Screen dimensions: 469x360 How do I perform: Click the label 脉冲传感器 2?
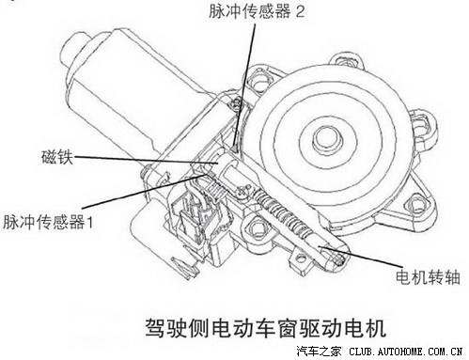[257, 12]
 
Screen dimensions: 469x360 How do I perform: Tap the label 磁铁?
[57, 157]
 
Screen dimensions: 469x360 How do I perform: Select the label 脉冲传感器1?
[48, 223]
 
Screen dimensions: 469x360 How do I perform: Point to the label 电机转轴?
[428, 277]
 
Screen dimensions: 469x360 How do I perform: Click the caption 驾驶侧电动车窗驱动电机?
[265, 328]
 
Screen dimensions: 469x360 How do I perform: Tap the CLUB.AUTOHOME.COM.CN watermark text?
[406, 352]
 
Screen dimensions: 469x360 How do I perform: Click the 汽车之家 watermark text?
[319, 352]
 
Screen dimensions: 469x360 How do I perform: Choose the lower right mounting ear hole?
[416, 204]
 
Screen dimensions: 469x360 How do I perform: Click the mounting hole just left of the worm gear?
[257, 227]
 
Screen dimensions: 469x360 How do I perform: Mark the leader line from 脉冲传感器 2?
[244, 85]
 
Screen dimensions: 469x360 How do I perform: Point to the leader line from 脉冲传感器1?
[144, 191]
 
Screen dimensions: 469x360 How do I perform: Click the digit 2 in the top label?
[300, 12]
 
